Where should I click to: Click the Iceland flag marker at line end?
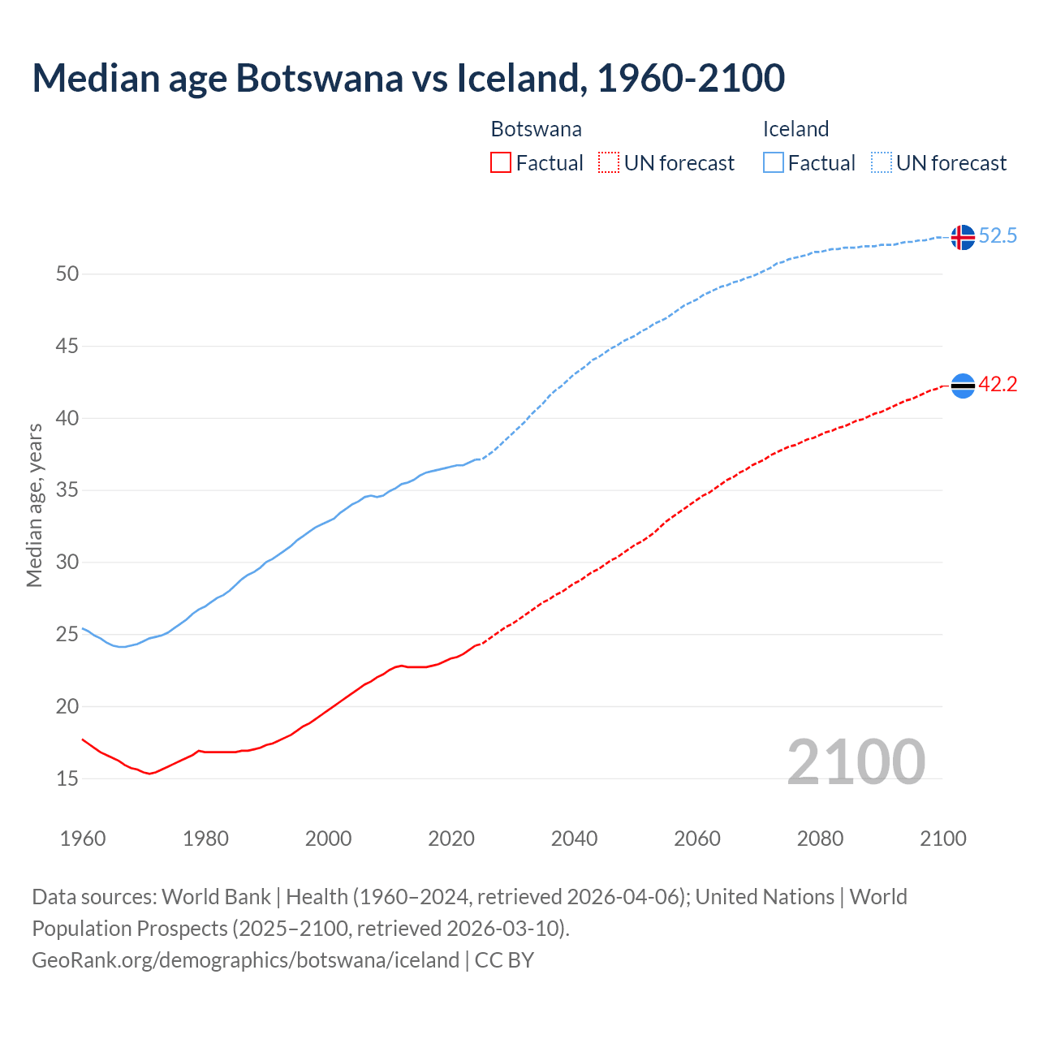(963, 237)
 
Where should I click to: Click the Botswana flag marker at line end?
(963, 386)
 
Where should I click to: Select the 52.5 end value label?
(998, 236)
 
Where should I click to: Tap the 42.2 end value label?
(998, 385)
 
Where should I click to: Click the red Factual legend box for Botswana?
(501, 163)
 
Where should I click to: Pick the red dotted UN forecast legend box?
(609, 163)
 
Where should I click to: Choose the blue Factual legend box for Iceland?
(774, 163)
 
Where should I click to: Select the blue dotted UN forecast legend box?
(882, 163)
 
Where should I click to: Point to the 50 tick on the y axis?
(67, 274)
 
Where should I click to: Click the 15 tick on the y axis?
(67, 779)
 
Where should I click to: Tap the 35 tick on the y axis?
(67, 490)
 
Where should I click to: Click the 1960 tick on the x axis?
(83, 839)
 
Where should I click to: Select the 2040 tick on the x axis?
(574, 839)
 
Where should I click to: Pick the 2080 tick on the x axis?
(820, 839)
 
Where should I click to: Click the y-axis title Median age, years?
(34, 505)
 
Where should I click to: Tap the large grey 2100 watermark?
(856, 762)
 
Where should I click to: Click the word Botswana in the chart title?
(319, 78)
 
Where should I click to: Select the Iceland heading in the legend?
(795, 129)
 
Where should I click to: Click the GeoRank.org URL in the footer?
(245, 960)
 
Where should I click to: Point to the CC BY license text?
(504, 960)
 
